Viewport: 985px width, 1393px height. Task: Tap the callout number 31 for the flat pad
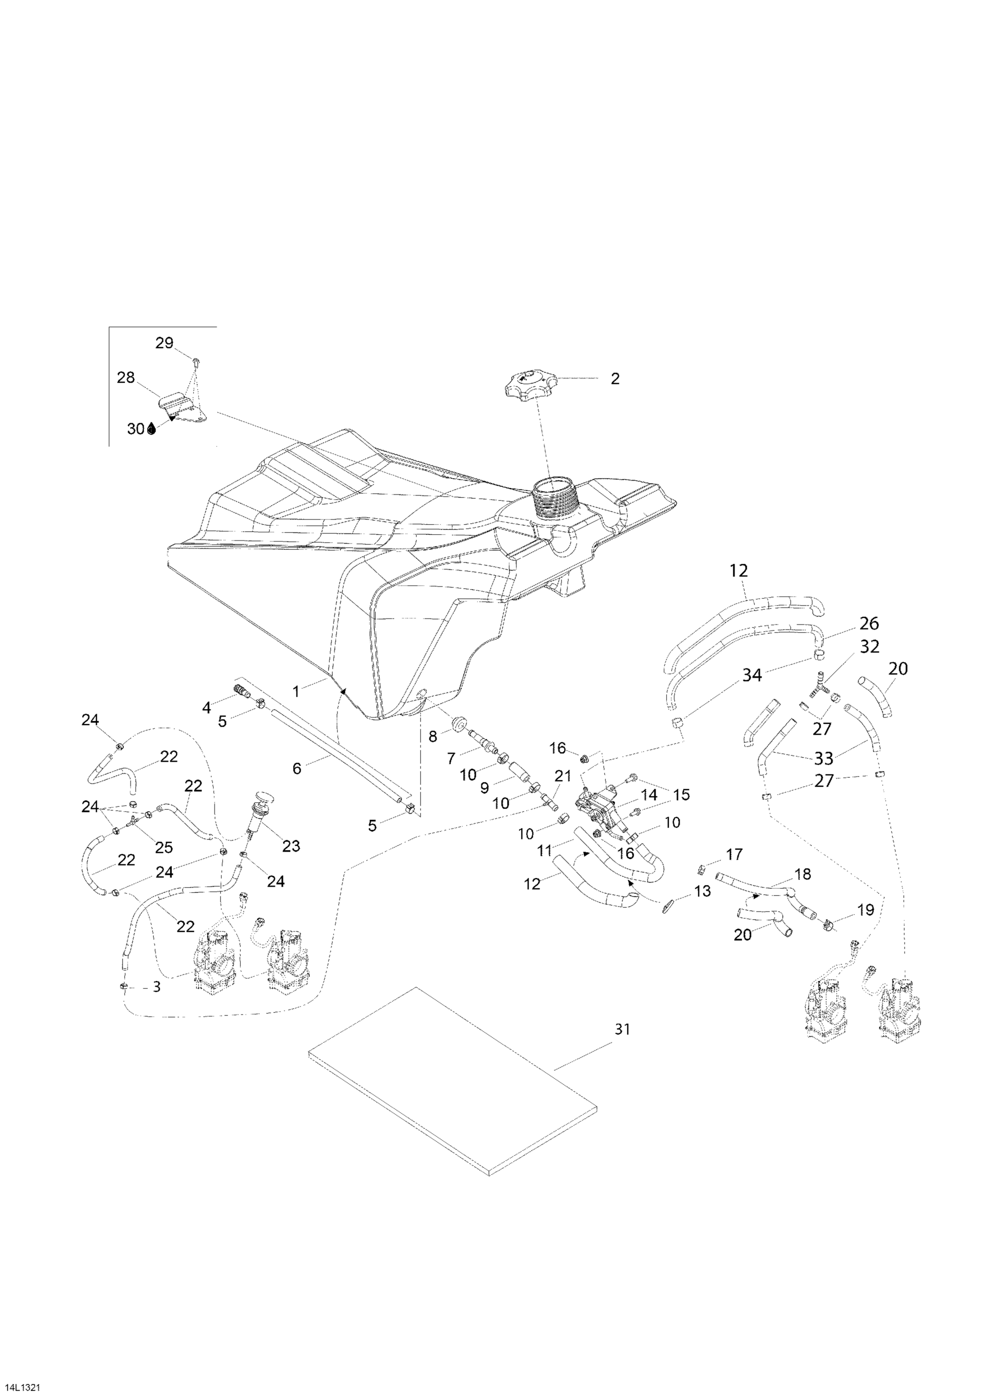(622, 1029)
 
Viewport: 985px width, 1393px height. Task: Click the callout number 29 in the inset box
(164, 344)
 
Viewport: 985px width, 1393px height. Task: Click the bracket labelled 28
(182, 406)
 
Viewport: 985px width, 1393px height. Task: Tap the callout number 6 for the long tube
(297, 768)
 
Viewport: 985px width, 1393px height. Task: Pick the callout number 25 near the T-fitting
(164, 847)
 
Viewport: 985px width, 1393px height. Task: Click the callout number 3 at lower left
(157, 987)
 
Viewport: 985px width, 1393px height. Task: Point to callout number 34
(752, 675)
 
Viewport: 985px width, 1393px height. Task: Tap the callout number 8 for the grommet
(433, 736)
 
